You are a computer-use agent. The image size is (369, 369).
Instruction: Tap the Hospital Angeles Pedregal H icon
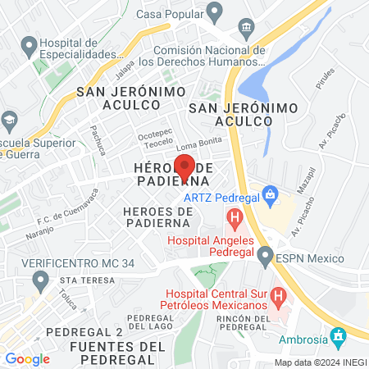pyautogui.click(x=235, y=219)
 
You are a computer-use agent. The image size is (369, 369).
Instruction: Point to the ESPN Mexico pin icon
pyautogui.click(x=264, y=257)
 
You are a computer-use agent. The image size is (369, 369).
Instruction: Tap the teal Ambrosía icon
pyautogui.click(x=337, y=336)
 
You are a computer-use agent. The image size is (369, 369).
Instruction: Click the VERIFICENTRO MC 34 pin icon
pyautogui.click(x=39, y=283)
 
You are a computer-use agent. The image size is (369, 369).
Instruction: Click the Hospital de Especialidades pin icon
pyautogui.click(x=29, y=46)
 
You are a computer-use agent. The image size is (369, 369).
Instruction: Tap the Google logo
pyautogui.click(x=27, y=358)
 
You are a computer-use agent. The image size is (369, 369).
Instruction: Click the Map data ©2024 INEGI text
pyautogui.click(x=319, y=362)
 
